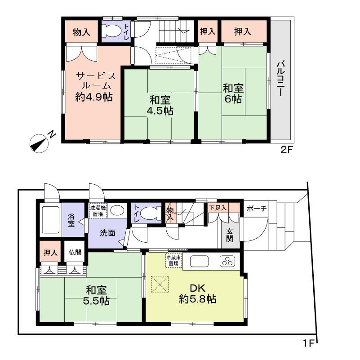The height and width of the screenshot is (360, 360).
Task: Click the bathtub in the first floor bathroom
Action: pos(51,220)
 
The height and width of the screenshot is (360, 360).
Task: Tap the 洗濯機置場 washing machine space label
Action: pos(98,211)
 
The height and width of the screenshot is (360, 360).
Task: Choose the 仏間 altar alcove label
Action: pos(75,252)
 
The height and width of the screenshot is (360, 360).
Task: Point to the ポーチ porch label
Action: pos(257,208)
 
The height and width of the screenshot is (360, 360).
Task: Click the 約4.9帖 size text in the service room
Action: pos(93,96)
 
